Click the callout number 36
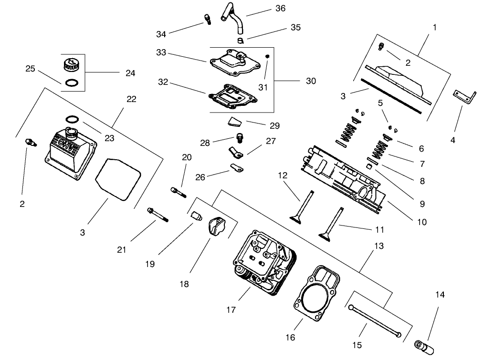(x=280, y=8)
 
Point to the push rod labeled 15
(x=374, y=321)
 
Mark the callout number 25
(x=31, y=69)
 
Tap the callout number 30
(x=311, y=81)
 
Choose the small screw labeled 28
(x=240, y=138)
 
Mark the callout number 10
(x=421, y=222)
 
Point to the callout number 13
(x=379, y=246)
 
